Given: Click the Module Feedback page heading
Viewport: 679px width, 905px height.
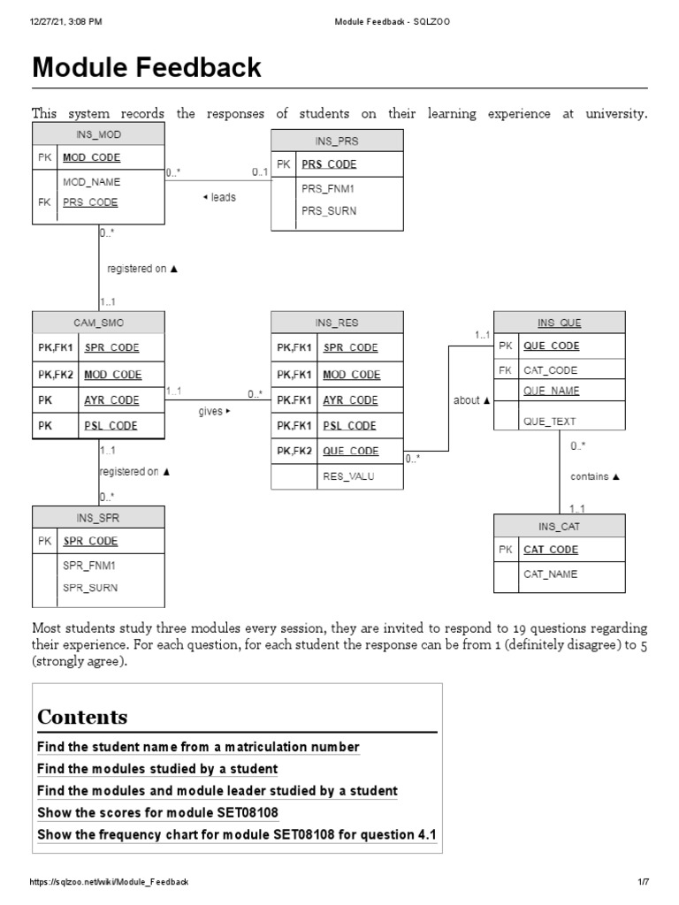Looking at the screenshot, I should [147, 67].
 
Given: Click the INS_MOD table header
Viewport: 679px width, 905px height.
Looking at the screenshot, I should [98, 134].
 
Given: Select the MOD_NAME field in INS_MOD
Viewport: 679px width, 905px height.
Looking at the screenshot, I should [91, 182].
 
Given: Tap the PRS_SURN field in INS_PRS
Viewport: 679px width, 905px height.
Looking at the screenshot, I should [330, 210].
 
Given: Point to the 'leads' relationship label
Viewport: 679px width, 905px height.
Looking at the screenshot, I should [219, 197].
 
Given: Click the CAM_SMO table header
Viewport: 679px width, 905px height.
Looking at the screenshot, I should [98, 323].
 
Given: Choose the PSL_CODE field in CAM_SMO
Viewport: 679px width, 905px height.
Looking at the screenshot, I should [111, 425].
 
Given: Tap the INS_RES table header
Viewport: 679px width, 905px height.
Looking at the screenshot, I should [337, 323].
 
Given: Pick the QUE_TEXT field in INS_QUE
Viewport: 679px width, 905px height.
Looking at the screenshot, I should [549, 422].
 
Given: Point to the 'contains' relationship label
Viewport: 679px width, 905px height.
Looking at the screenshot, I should [594, 476].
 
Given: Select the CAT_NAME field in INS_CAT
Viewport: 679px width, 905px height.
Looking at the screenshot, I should [550, 574].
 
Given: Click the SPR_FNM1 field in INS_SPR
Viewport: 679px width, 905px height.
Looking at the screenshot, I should [89, 565].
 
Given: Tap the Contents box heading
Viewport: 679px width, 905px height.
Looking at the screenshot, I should [82, 717].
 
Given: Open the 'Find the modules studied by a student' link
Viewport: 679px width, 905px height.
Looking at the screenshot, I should [157, 769].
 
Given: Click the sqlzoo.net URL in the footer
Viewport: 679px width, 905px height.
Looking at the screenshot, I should [110, 883].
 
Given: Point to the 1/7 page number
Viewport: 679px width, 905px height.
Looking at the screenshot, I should [644, 883].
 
